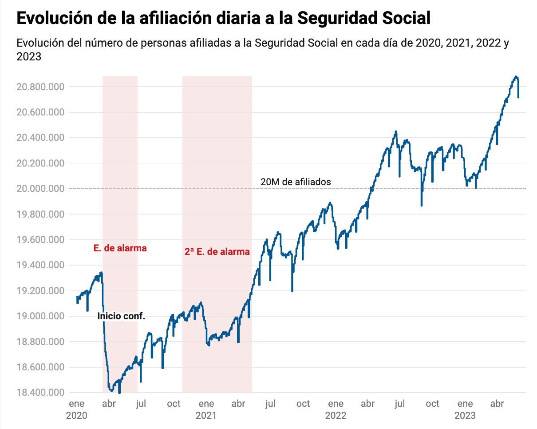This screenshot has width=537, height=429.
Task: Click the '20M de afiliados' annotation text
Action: [x=296, y=182]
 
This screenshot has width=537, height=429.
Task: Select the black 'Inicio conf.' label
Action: [x=121, y=317]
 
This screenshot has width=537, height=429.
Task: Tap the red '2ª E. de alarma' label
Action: [x=217, y=252]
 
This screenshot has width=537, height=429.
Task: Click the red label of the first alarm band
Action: [x=120, y=248]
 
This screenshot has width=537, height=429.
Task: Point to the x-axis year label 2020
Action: [x=76, y=416]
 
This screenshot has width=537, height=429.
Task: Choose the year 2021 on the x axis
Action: [x=206, y=416]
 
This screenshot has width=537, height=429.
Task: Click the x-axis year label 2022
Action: [x=336, y=416]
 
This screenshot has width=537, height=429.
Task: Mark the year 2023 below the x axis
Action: [x=465, y=416]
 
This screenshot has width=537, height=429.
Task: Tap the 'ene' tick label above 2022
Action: [x=336, y=404]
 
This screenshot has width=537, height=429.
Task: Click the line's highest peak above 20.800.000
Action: [x=516, y=77]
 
